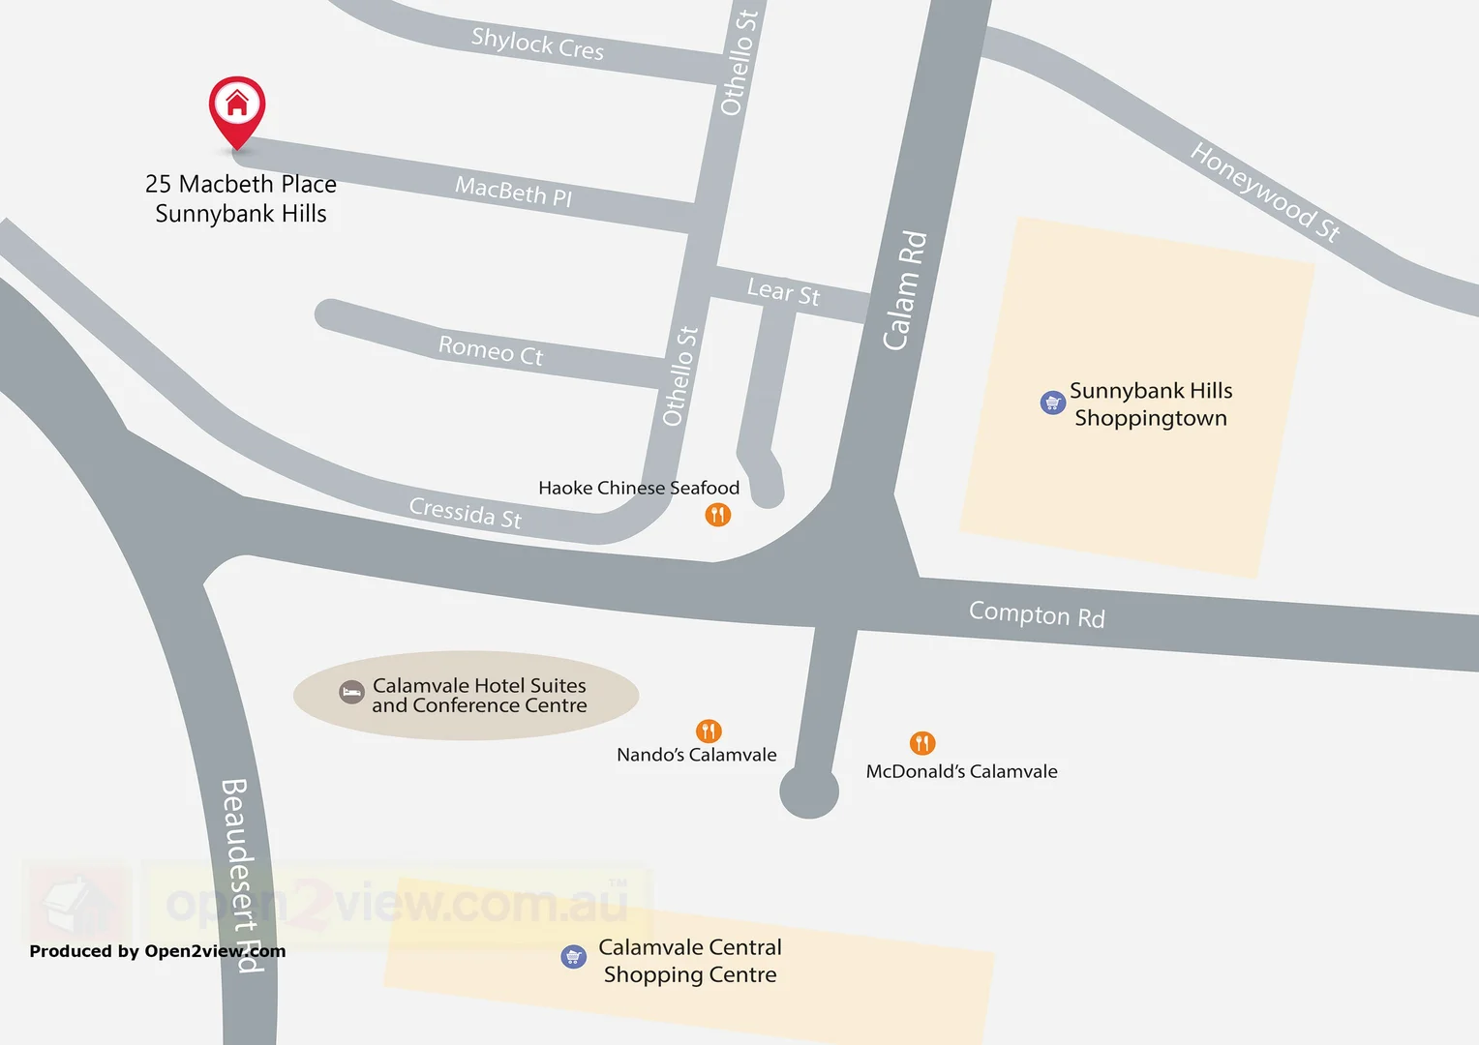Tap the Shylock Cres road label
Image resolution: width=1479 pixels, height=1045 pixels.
(537, 44)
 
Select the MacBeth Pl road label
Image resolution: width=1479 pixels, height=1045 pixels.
(513, 191)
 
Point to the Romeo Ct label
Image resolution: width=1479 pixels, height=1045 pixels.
(491, 350)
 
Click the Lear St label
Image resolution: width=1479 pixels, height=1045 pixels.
(783, 290)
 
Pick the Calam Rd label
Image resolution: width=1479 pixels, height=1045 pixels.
(905, 290)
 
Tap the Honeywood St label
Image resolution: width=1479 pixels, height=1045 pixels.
(1264, 191)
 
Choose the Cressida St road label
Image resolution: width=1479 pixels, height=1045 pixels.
(466, 512)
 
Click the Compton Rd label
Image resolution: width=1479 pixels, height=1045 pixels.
(1037, 614)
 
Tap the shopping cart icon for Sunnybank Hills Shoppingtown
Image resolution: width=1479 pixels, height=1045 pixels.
(1052, 403)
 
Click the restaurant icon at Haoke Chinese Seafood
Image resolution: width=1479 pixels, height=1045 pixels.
(717, 515)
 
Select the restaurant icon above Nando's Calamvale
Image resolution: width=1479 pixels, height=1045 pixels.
(709, 731)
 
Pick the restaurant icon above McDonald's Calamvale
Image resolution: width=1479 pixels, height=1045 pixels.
(922, 743)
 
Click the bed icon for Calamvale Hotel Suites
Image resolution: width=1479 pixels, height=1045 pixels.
(351, 692)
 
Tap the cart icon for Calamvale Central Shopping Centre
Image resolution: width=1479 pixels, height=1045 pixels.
(574, 957)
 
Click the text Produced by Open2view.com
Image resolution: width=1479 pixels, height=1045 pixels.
(157, 951)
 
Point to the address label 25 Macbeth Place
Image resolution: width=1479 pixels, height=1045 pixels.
(241, 184)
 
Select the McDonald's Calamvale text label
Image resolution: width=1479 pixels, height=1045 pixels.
(961, 771)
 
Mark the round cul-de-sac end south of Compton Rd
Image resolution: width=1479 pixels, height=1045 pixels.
(809, 791)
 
